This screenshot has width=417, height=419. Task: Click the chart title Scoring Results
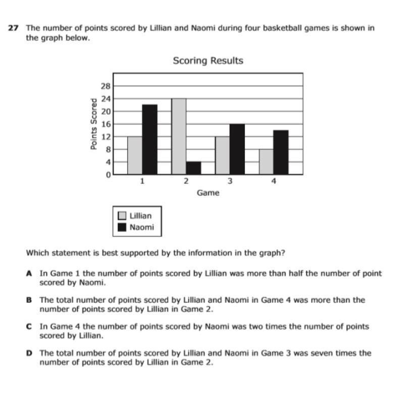[208, 61]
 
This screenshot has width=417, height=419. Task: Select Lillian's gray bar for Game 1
[135, 155]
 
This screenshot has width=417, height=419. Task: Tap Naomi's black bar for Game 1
[149, 139]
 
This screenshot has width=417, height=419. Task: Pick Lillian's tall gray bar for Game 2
[179, 136]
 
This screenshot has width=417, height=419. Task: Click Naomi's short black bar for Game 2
[193, 168]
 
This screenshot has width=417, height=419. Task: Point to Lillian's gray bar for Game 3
[223, 155]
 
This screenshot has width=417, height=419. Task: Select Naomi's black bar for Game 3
[237, 149]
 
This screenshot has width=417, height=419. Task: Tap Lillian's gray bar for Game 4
[266, 162]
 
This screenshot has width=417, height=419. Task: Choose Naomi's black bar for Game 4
[281, 152]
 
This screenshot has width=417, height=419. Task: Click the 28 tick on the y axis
[106, 86]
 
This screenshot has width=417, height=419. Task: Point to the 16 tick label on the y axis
[106, 124]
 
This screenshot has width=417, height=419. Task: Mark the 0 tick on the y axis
[108, 175]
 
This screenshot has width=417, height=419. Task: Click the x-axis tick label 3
[230, 182]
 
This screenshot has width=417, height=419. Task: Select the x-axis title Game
[208, 193]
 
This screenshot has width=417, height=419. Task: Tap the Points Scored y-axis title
[94, 124]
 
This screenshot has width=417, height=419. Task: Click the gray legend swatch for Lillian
[122, 216]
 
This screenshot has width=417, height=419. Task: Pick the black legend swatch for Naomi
[122, 227]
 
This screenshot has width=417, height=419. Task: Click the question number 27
[14, 28]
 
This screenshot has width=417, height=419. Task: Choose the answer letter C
[29, 327]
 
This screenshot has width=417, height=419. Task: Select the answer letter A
[29, 273]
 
